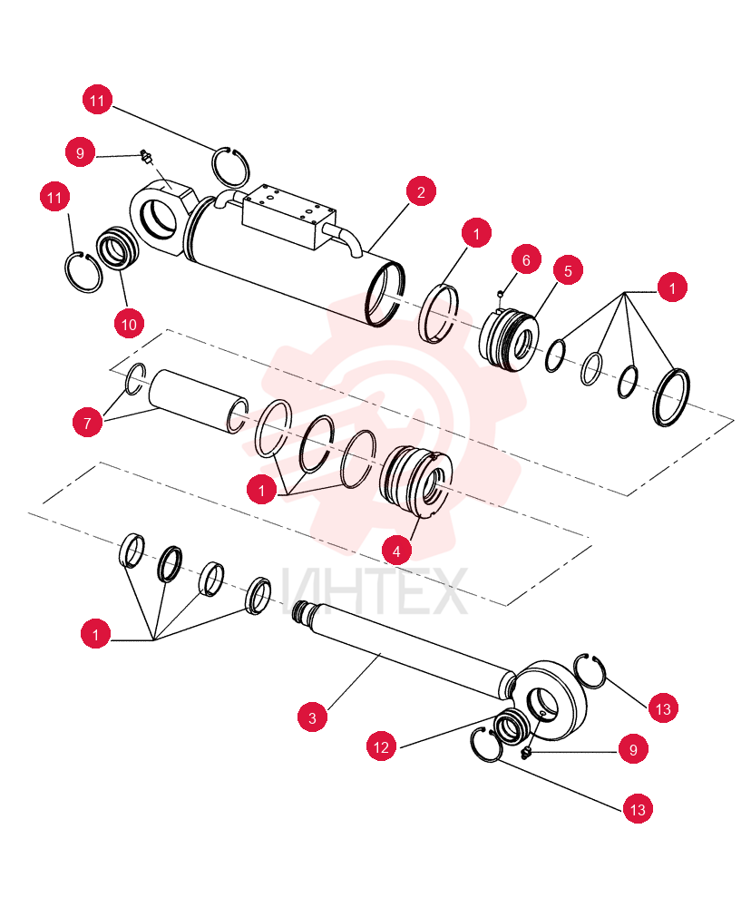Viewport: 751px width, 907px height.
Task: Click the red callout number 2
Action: [x=421, y=192]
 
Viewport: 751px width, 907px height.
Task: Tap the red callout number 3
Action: [x=312, y=717]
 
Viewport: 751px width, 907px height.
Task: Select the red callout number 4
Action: [x=396, y=551]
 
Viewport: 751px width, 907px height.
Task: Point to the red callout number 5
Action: [x=568, y=270]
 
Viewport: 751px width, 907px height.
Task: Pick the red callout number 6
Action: [x=526, y=260]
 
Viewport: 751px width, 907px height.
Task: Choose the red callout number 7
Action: [x=87, y=423]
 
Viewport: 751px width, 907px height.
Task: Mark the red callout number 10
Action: [x=129, y=324]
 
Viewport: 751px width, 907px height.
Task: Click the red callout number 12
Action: [x=381, y=746]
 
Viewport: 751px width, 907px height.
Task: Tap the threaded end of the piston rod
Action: [x=302, y=610]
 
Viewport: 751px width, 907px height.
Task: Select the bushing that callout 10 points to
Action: [x=118, y=249]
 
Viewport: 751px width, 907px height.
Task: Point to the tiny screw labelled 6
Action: [x=500, y=294]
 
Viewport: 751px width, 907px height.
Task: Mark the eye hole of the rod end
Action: [x=543, y=705]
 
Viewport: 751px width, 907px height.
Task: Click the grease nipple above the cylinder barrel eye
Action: [x=145, y=156]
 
